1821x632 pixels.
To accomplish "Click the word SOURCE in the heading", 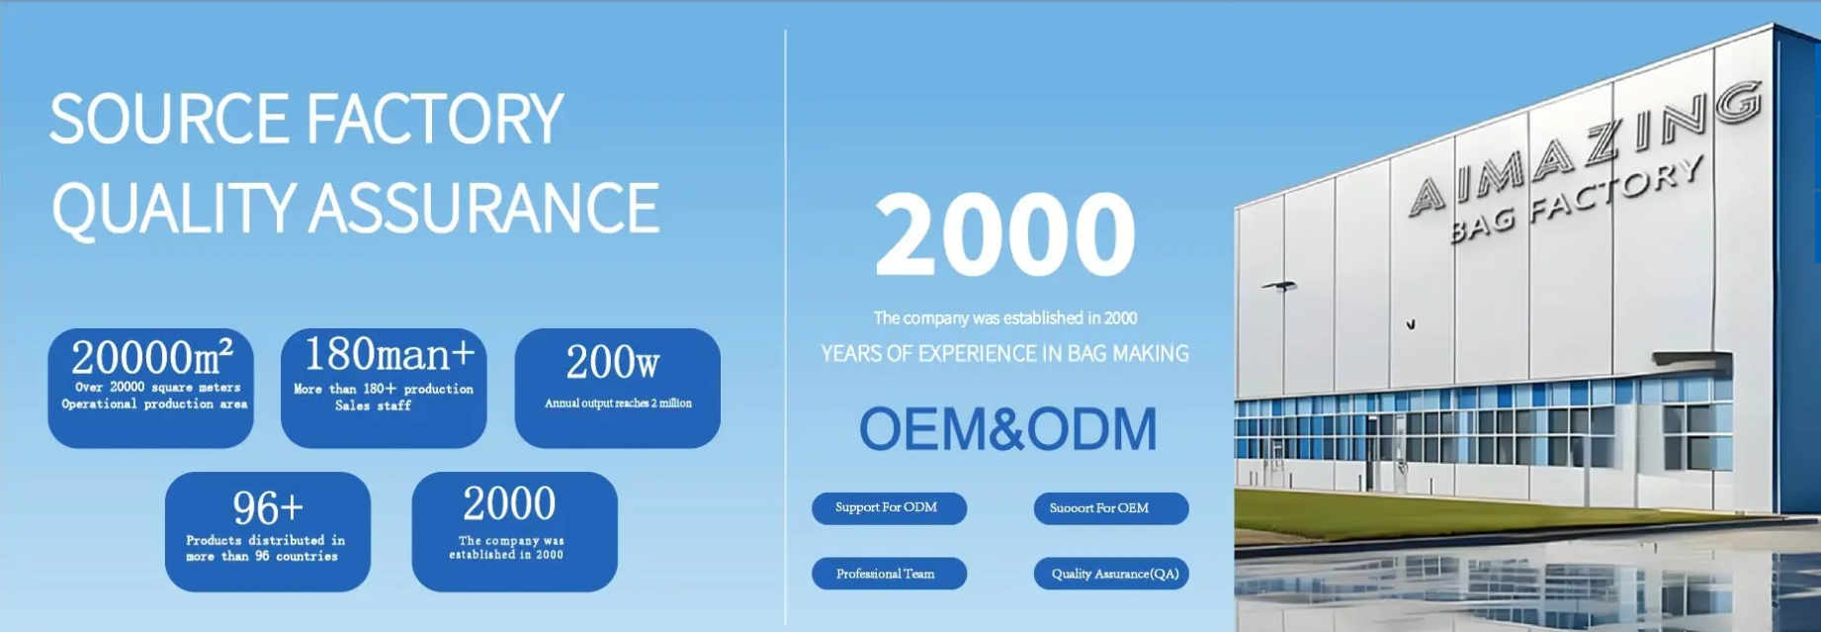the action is point(169,119).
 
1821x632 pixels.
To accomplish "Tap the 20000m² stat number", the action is point(152,357).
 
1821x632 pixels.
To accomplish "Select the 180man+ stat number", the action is point(390,354).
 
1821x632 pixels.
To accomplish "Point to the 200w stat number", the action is point(613,362).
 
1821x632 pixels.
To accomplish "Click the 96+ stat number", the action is point(268,508).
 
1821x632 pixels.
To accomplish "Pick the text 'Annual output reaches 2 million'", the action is point(618,404).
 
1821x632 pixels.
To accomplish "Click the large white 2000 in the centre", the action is point(1005,233).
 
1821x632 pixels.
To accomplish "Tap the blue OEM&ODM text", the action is point(1007,428).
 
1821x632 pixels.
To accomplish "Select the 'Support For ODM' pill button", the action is point(889,508).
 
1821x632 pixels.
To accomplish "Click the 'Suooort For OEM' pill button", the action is point(1111,508).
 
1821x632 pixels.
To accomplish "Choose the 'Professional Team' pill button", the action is point(889,574).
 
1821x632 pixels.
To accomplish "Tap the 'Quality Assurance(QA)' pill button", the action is point(1111,574).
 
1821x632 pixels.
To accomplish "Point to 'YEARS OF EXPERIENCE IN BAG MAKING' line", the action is point(1005,353).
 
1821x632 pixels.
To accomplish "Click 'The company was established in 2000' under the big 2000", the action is point(1005,317).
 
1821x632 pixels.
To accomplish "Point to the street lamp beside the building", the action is point(1279,287).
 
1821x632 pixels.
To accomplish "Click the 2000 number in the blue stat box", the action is point(509,504).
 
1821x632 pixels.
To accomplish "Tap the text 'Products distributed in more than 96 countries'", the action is point(265,548).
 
